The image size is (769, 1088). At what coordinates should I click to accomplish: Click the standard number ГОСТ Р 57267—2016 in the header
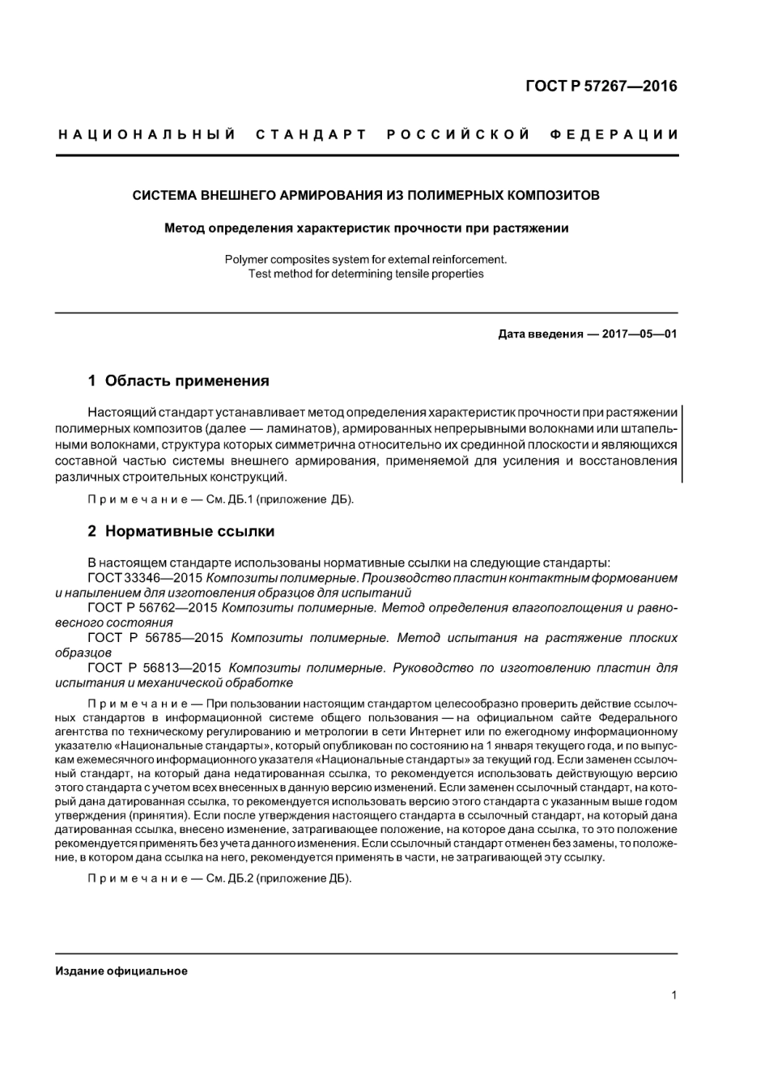[x=601, y=86]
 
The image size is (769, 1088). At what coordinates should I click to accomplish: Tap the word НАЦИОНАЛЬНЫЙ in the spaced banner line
[x=147, y=134]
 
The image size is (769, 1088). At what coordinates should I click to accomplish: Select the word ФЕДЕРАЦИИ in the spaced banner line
[x=614, y=134]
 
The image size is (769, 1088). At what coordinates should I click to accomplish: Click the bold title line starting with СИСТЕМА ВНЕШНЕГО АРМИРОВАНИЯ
[x=366, y=195]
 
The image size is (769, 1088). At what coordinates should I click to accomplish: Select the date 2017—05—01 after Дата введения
[x=639, y=334]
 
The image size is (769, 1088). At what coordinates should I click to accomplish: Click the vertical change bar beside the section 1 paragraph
[x=681, y=444]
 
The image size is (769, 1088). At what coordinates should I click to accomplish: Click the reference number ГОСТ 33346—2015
[x=142, y=578]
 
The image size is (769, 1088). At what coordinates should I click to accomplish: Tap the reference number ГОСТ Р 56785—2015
[x=154, y=638]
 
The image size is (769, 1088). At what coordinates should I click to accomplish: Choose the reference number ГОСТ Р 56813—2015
[x=154, y=668]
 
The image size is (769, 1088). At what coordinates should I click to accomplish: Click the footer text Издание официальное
[x=121, y=971]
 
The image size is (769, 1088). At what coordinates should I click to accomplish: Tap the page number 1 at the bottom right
[x=673, y=995]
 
